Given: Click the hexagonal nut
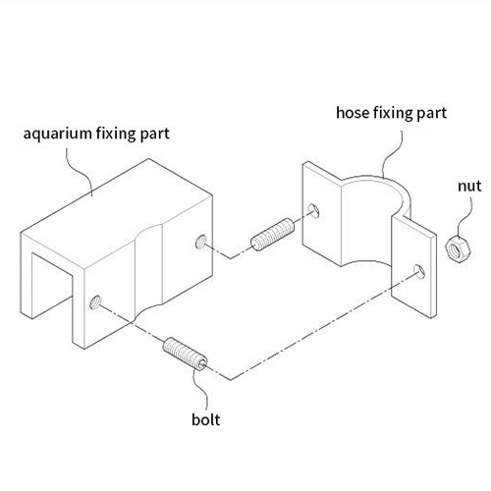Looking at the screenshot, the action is pyautogui.click(x=458, y=249).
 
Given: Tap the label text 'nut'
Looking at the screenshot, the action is pyautogui.click(x=469, y=186).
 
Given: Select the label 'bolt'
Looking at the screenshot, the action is pyautogui.click(x=205, y=419).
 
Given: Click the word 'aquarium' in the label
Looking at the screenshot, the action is pyautogui.click(x=57, y=135).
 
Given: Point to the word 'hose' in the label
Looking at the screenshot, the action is pyautogui.click(x=353, y=113).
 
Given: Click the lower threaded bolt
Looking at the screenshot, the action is pyautogui.click(x=185, y=354).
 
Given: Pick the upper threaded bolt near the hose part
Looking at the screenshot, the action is pyautogui.click(x=272, y=235).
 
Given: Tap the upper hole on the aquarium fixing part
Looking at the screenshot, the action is pyautogui.click(x=200, y=242).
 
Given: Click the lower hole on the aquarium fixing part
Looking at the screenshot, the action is pyautogui.click(x=95, y=302).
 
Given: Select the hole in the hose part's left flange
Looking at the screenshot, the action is pyautogui.click(x=313, y=210).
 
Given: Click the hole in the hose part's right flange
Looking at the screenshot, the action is pyautogui.click(x=419, y=271).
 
